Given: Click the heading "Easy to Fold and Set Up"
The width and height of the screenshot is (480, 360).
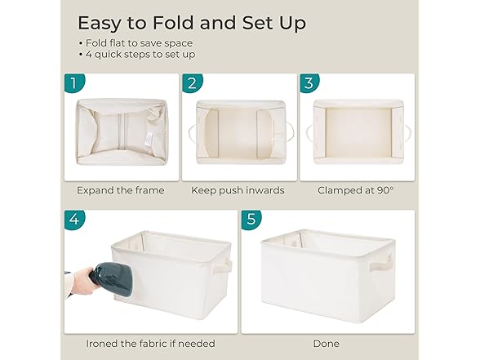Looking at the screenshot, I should coord(192,22).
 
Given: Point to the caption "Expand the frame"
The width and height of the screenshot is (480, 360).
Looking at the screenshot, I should coord(121,191).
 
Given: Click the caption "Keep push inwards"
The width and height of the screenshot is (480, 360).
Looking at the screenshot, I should coord(238,191).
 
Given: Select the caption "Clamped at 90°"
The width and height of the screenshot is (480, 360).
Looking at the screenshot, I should coord(355,191).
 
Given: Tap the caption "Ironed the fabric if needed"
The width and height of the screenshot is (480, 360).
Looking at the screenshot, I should coord(150,344).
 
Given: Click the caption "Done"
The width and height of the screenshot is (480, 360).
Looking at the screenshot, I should coord(327,344).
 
